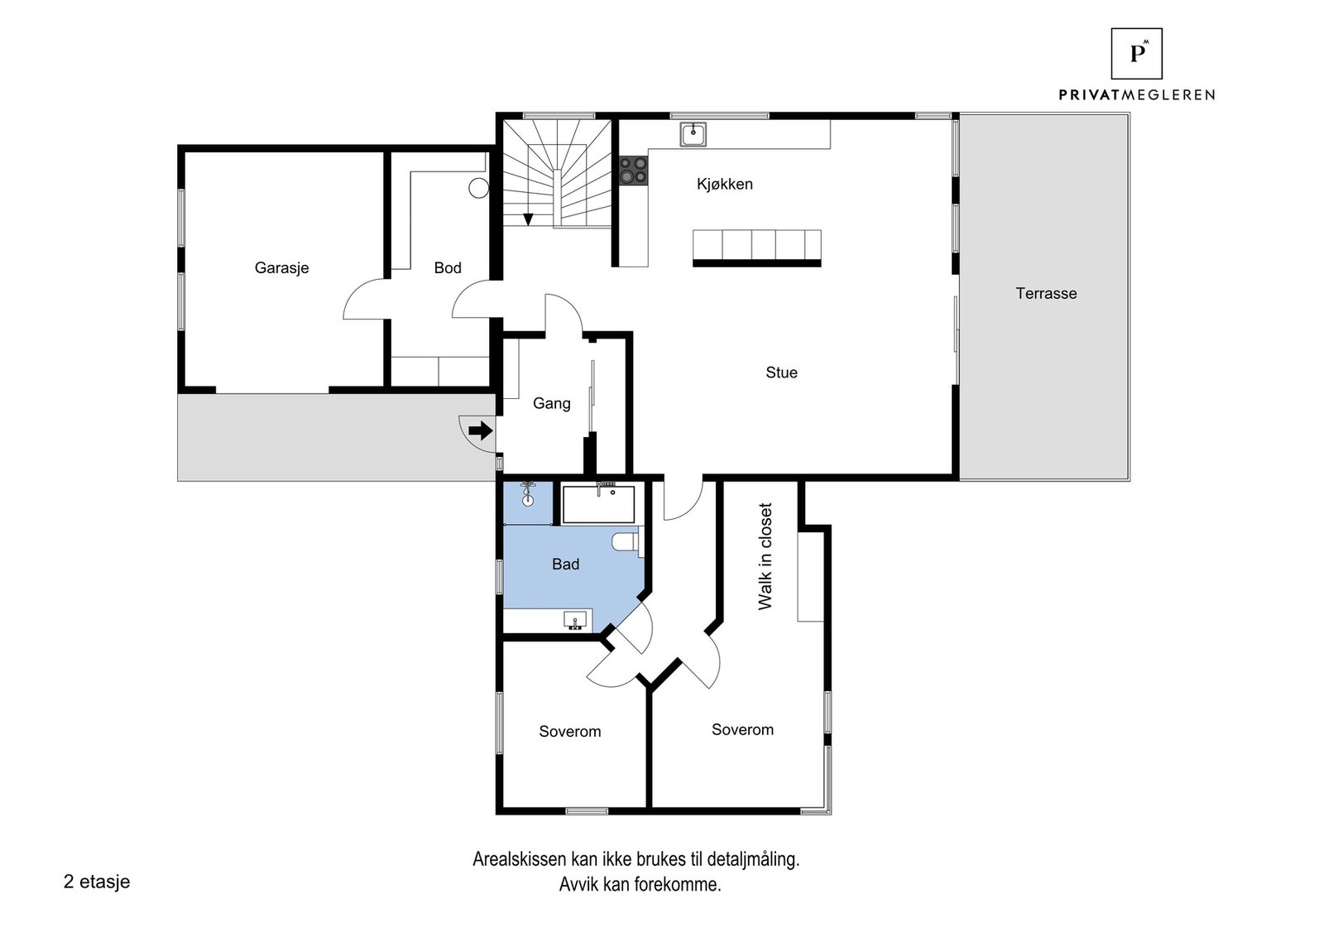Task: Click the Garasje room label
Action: (281, 268)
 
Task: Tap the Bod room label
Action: (448, 268)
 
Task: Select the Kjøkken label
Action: (725, 185)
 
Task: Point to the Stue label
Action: (781, 373)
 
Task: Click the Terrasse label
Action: (1046, 294)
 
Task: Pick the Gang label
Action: (551, 404)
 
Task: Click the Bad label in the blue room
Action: (565, 565)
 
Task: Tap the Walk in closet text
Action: (765, 556)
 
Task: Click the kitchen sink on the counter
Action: (693, 133)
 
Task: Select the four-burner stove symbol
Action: (635, 171)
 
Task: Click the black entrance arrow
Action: (480, 431)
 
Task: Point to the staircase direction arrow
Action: (528, 219)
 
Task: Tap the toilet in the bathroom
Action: (626, 543)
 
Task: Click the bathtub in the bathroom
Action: (598, 504)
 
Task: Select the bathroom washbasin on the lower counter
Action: (576, 619)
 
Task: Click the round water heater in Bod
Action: (478, 188)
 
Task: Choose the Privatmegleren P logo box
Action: (1136, 54)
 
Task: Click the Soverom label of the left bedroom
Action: (569, 732)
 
